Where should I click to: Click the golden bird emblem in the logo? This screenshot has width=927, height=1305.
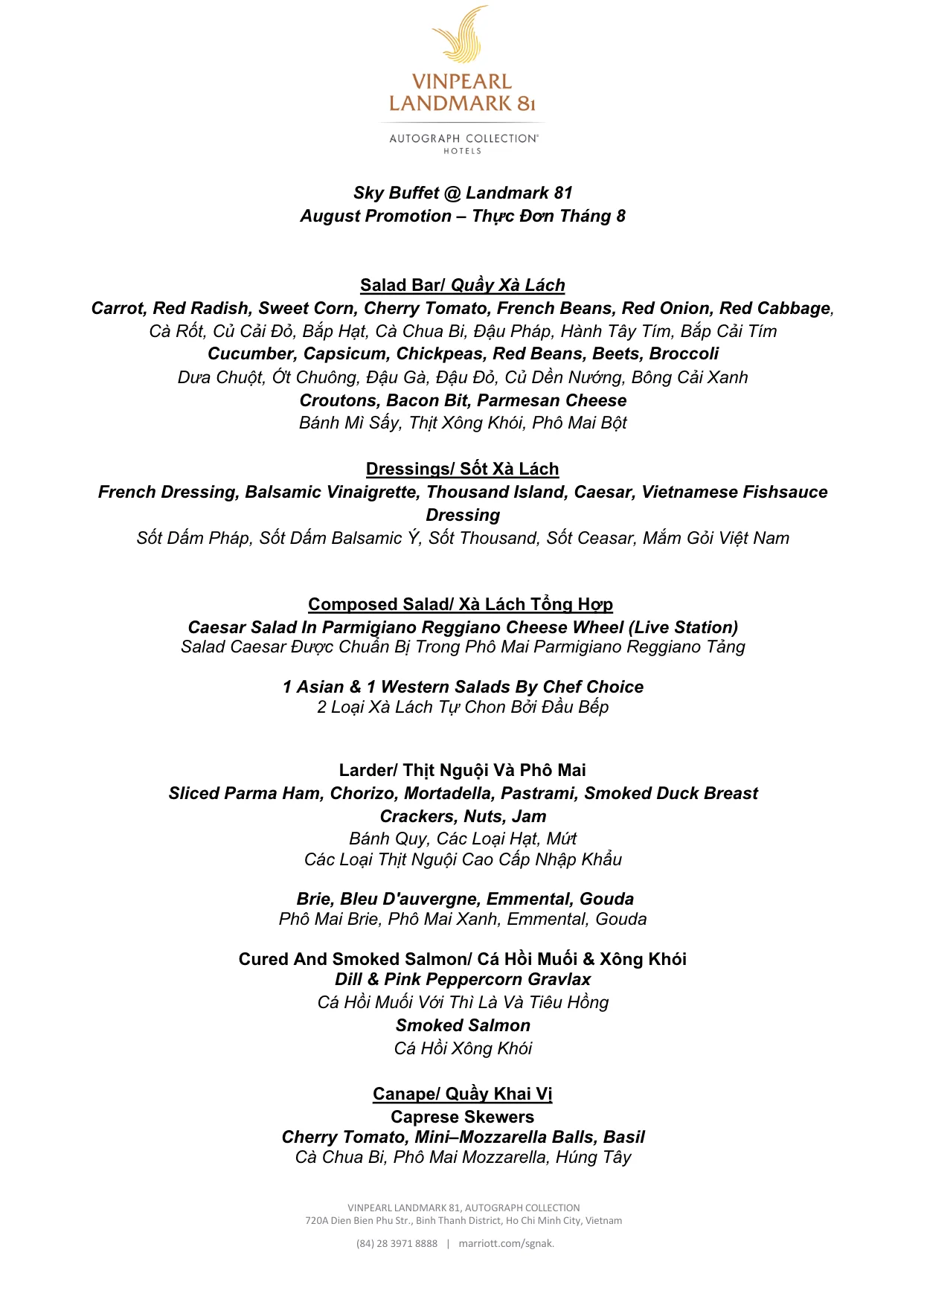(462, 35)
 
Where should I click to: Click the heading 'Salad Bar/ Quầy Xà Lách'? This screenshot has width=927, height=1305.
(462, 285)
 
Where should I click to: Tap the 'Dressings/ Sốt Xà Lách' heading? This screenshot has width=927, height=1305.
(462, 469)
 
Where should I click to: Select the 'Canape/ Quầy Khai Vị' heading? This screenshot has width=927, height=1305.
(462, 1094)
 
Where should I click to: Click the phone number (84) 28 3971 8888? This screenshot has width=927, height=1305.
(397, 1243)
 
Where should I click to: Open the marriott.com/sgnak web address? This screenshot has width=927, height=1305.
(506, 1243)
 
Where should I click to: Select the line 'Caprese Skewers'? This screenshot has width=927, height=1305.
(462, 1117)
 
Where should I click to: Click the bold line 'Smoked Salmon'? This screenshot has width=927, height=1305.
(463, 1025)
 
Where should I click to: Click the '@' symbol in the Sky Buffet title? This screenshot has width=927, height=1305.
(452, 193)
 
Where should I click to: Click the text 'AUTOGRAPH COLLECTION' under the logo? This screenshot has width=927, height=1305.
(463, 138)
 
